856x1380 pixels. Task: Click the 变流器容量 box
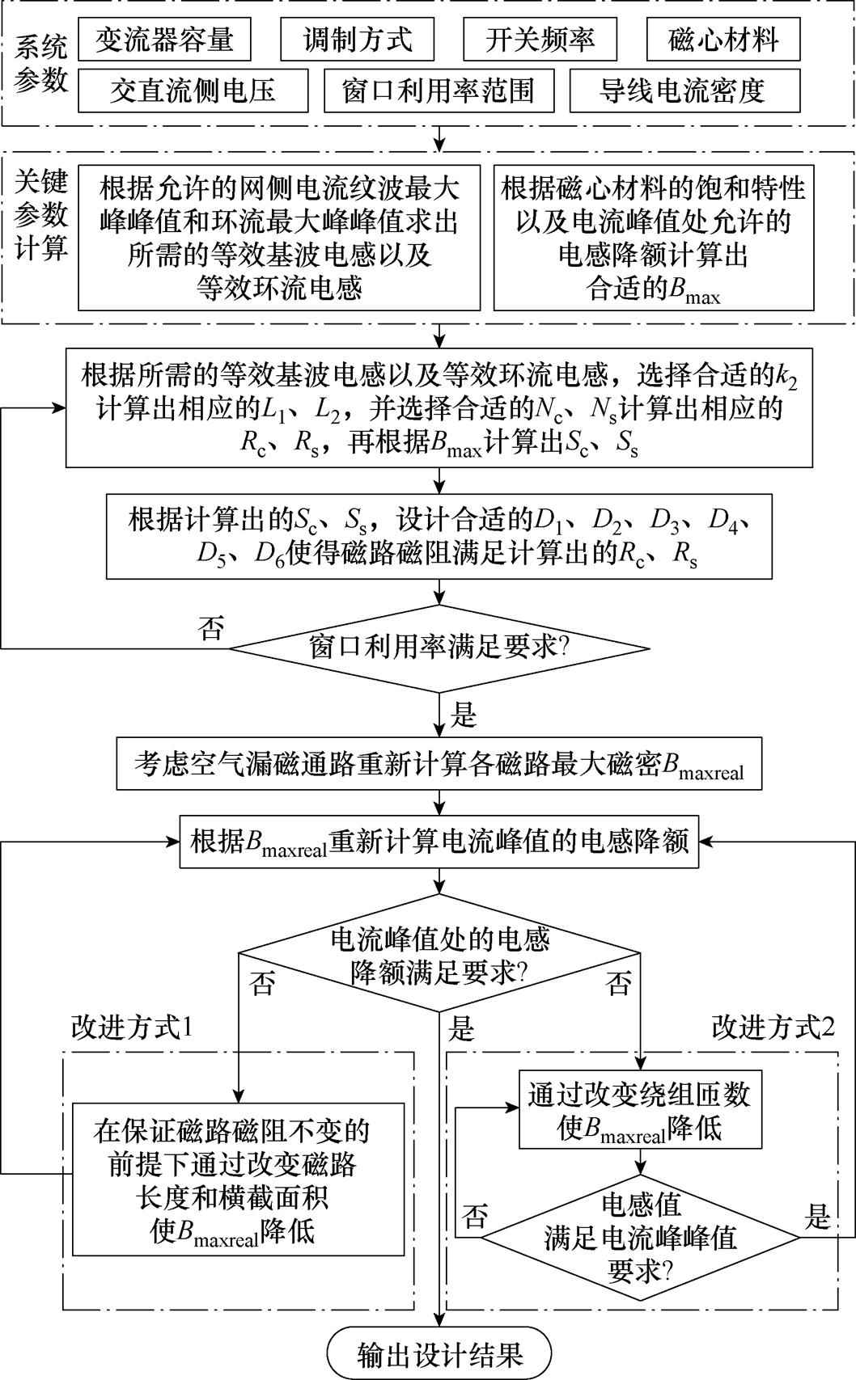[x=164, y=39]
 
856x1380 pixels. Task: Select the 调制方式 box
[x=357, y=39]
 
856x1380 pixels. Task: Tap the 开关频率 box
[x=540, y=39]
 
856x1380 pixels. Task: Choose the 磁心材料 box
[x=723, y=39]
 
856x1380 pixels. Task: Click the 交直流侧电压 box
[x=193, y=90]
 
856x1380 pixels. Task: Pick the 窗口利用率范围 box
[x=439, y=90]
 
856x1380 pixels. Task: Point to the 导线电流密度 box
[x=684, y=90]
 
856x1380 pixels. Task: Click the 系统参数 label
[x=40, y=65]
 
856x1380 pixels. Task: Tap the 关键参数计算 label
[x=40, y=215]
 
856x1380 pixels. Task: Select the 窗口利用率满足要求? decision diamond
[x=439, y=648]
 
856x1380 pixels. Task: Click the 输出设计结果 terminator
[x=439, y=1354]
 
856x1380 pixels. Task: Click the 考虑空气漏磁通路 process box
[x=439, y=764]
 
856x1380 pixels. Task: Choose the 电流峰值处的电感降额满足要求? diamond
[x=439, y=955]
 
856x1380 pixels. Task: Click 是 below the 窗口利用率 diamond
[x=463, y=714]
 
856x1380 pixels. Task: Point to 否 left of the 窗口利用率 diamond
[x=211, y=628]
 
